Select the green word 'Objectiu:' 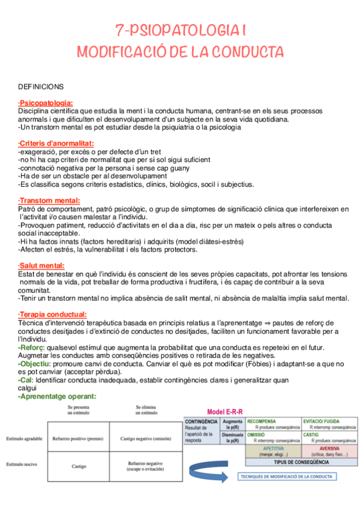(x=34, y=364)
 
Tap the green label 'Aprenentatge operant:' (x=57, y=396)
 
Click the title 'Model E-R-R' (x=225, y=412)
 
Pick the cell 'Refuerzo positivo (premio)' (x=78, y=439)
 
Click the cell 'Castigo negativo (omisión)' (x=146, y=439)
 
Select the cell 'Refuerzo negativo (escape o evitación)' (x=146, y=466)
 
